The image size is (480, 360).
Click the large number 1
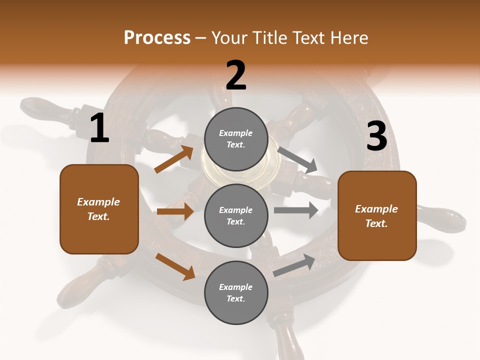point(99,128)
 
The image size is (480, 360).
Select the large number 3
point(377,136)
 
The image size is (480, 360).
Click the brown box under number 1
point(99,209)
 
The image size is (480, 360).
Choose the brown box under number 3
point(377,216)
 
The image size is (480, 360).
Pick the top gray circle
point(236,139)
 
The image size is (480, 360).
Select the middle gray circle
point(236,215)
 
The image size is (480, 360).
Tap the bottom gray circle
point(236,292)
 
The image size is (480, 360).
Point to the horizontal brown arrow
point(175,211)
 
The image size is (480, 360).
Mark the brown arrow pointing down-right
point(175,266)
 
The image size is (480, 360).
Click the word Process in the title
point(157,37)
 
